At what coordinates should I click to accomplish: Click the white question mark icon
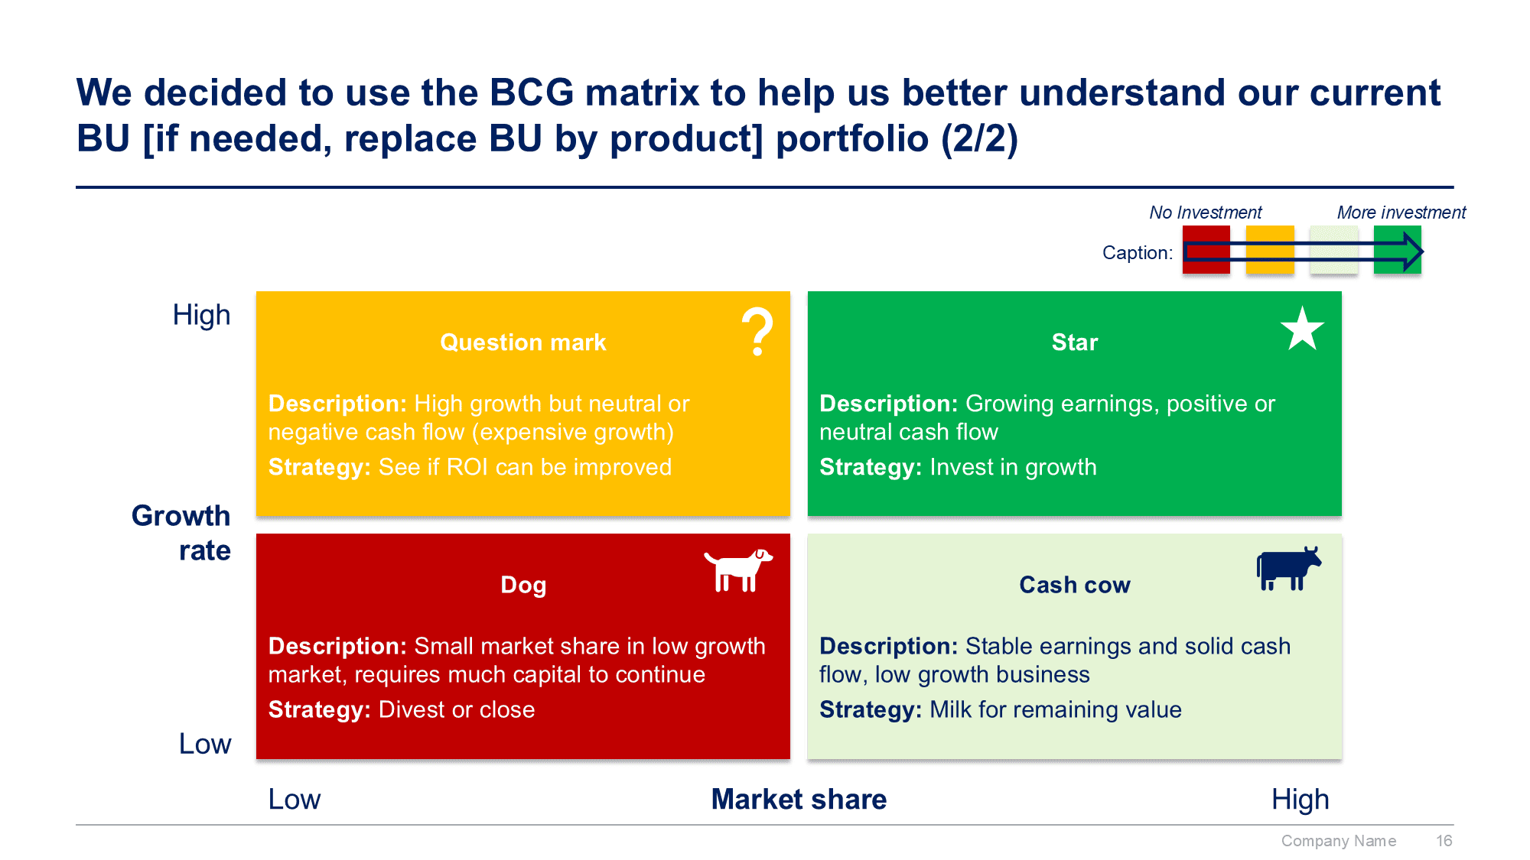coord(757,331)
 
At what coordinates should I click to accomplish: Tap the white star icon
coord(1302,329)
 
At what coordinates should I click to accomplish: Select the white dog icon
coord(737,570)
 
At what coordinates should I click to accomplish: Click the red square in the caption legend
coord(1206,249)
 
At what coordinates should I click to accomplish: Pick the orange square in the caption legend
coord(1269,249)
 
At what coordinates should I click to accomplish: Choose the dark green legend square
coord(1396,249)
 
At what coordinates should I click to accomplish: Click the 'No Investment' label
coord(1205,213)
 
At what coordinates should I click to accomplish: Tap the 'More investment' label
coord(1401,213)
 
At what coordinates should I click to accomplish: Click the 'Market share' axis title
coord(799,799)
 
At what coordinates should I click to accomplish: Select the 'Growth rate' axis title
coord(182,533)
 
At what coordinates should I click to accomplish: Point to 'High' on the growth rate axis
coord(201,315)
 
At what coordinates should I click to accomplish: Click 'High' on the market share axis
coord(1300,799)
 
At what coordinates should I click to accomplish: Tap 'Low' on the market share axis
coord(294,799)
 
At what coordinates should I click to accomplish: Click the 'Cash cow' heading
coord(1074,585)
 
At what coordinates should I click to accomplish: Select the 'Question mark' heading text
coord(522,342)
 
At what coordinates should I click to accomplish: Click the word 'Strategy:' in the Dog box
coord(319,709)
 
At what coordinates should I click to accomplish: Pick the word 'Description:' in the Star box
coord(888,404)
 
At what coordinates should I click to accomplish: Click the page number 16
coord(1444,841)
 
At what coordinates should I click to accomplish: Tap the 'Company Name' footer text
coord(1338,841)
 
